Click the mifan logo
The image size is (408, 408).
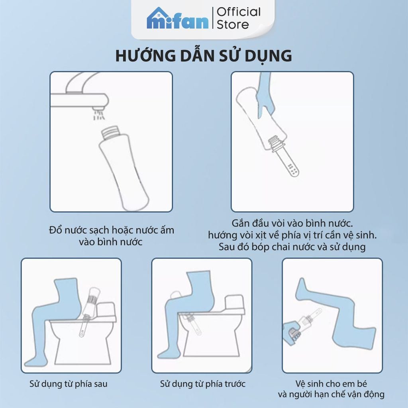[177, 19]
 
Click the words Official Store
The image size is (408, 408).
[238, 18]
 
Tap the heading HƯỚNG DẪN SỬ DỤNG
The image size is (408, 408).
[204, 56]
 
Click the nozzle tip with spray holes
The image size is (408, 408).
[292, 169]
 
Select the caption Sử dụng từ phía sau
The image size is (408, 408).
[69, 384]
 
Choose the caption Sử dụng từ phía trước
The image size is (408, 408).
[203, 384]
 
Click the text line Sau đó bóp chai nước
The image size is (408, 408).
[292, 247]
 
